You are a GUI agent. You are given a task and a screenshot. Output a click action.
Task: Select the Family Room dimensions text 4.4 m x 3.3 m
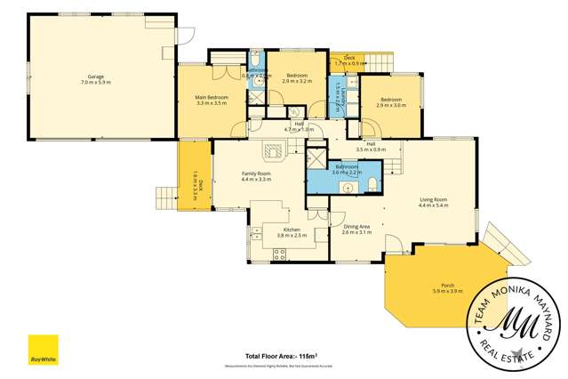(256, 179)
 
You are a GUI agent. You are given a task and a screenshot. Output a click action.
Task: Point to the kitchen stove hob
(279, 252)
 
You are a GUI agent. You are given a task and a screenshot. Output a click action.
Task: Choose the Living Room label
(433, 199)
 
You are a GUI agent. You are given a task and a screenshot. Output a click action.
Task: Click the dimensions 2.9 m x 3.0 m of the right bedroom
(391, 105)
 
